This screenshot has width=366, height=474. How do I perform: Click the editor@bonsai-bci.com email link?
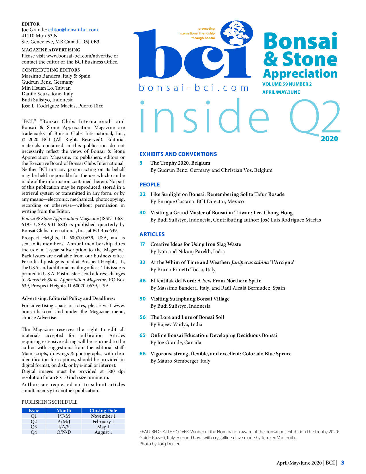pos(73,30)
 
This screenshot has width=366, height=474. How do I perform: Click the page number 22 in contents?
pos(142,194)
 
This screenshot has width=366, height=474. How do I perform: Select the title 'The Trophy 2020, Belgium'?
pos(180,163)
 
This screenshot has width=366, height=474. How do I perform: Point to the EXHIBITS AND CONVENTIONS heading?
pos(178,154)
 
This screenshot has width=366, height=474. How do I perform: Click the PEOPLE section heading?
pos(150,184)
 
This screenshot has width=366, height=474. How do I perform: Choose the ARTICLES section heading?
pos(152,234)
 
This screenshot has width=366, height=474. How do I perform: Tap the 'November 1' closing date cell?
pos(103,416)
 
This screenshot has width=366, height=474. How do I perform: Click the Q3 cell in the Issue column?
pos(34,427)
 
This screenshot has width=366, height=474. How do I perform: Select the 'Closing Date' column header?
pos(103,411)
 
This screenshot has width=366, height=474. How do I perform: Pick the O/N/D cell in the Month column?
pos(64,432)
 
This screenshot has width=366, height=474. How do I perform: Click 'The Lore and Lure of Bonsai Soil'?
pos(187,317)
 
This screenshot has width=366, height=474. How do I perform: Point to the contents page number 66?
pos(142,354)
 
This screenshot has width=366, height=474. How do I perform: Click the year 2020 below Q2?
pos(329,139)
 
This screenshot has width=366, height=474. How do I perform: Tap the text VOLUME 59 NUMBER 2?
pos(287,84)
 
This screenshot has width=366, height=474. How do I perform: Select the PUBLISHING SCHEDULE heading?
pos(49,402)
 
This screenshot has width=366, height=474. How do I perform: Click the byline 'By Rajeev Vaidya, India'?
pos(176,324)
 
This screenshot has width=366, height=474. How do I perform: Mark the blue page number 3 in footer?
pos(342,463)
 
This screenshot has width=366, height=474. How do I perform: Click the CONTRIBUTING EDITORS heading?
pos(51,70)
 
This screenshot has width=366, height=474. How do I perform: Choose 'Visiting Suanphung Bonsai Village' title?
pos(190,299)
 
